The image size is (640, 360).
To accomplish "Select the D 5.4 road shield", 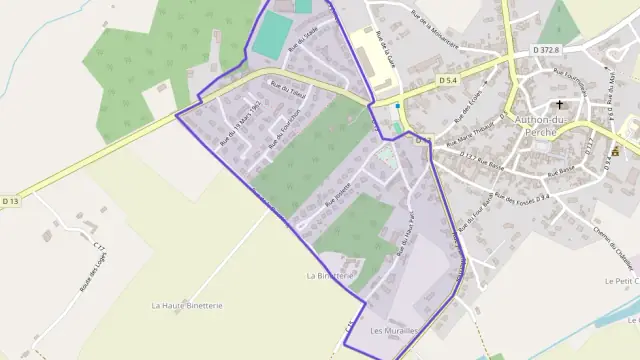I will click(447, 81).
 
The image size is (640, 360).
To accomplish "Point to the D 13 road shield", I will click(10, 201).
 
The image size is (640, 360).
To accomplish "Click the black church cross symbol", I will click(559, 104).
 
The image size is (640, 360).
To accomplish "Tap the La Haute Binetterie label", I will click(187, 305).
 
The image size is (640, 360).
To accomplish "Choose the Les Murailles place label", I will click(392, 330).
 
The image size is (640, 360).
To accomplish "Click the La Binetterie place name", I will click(328, 274).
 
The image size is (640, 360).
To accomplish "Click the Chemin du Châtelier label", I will click(627, 249).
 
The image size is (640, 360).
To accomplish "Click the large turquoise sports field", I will click(270, 36).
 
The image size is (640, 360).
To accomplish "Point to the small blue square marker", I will click(397, 105).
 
